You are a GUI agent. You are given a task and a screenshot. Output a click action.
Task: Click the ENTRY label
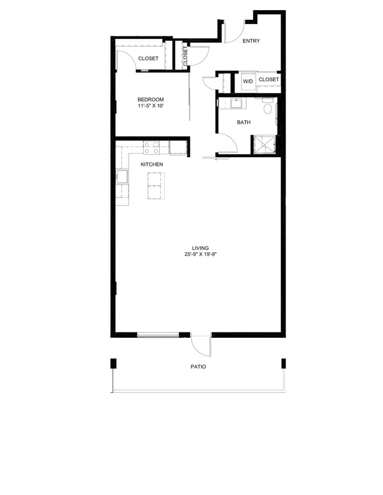[251, 41]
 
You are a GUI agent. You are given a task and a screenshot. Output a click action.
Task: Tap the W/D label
[248, 80]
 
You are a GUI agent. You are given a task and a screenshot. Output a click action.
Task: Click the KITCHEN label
[151, 164]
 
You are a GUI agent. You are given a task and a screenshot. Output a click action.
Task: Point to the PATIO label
[198, 366]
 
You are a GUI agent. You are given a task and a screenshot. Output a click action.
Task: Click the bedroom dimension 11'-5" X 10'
[150, 106]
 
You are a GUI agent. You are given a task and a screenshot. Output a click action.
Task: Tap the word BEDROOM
[150, 99]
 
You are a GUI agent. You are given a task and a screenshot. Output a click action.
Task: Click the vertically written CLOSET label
[186, 57]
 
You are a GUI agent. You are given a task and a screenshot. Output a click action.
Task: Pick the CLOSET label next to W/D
[269, 80]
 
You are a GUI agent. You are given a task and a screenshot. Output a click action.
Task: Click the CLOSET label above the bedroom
[148, 59]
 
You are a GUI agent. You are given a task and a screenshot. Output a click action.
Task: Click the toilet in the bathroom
[268, 108]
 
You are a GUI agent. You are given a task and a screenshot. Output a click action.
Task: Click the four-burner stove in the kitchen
[151, 146]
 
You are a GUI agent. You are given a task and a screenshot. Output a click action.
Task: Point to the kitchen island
[156, 186]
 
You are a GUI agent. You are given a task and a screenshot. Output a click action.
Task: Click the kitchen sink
[122, 178]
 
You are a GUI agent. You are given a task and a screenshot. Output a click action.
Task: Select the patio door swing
[202, 346]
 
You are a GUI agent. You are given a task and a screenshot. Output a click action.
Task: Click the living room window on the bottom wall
[158, 335]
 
